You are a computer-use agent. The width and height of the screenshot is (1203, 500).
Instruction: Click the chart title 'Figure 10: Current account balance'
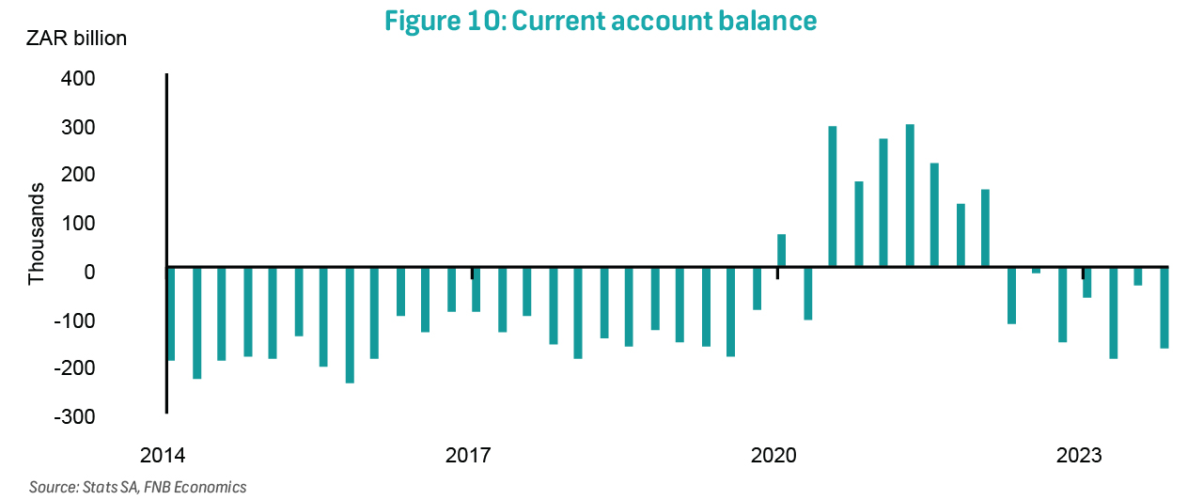[601, 21]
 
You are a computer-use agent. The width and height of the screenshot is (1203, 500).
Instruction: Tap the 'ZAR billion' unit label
[76, 39]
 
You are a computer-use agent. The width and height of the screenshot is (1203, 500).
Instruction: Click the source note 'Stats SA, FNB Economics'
[138, 487]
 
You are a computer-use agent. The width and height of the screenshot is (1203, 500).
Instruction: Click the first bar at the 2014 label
[171, 314]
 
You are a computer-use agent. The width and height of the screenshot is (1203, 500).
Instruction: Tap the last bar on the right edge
[1164, 308]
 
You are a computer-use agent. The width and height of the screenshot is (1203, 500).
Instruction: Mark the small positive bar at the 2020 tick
[781, 251]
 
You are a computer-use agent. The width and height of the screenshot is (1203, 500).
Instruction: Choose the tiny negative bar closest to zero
[1036, 270]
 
